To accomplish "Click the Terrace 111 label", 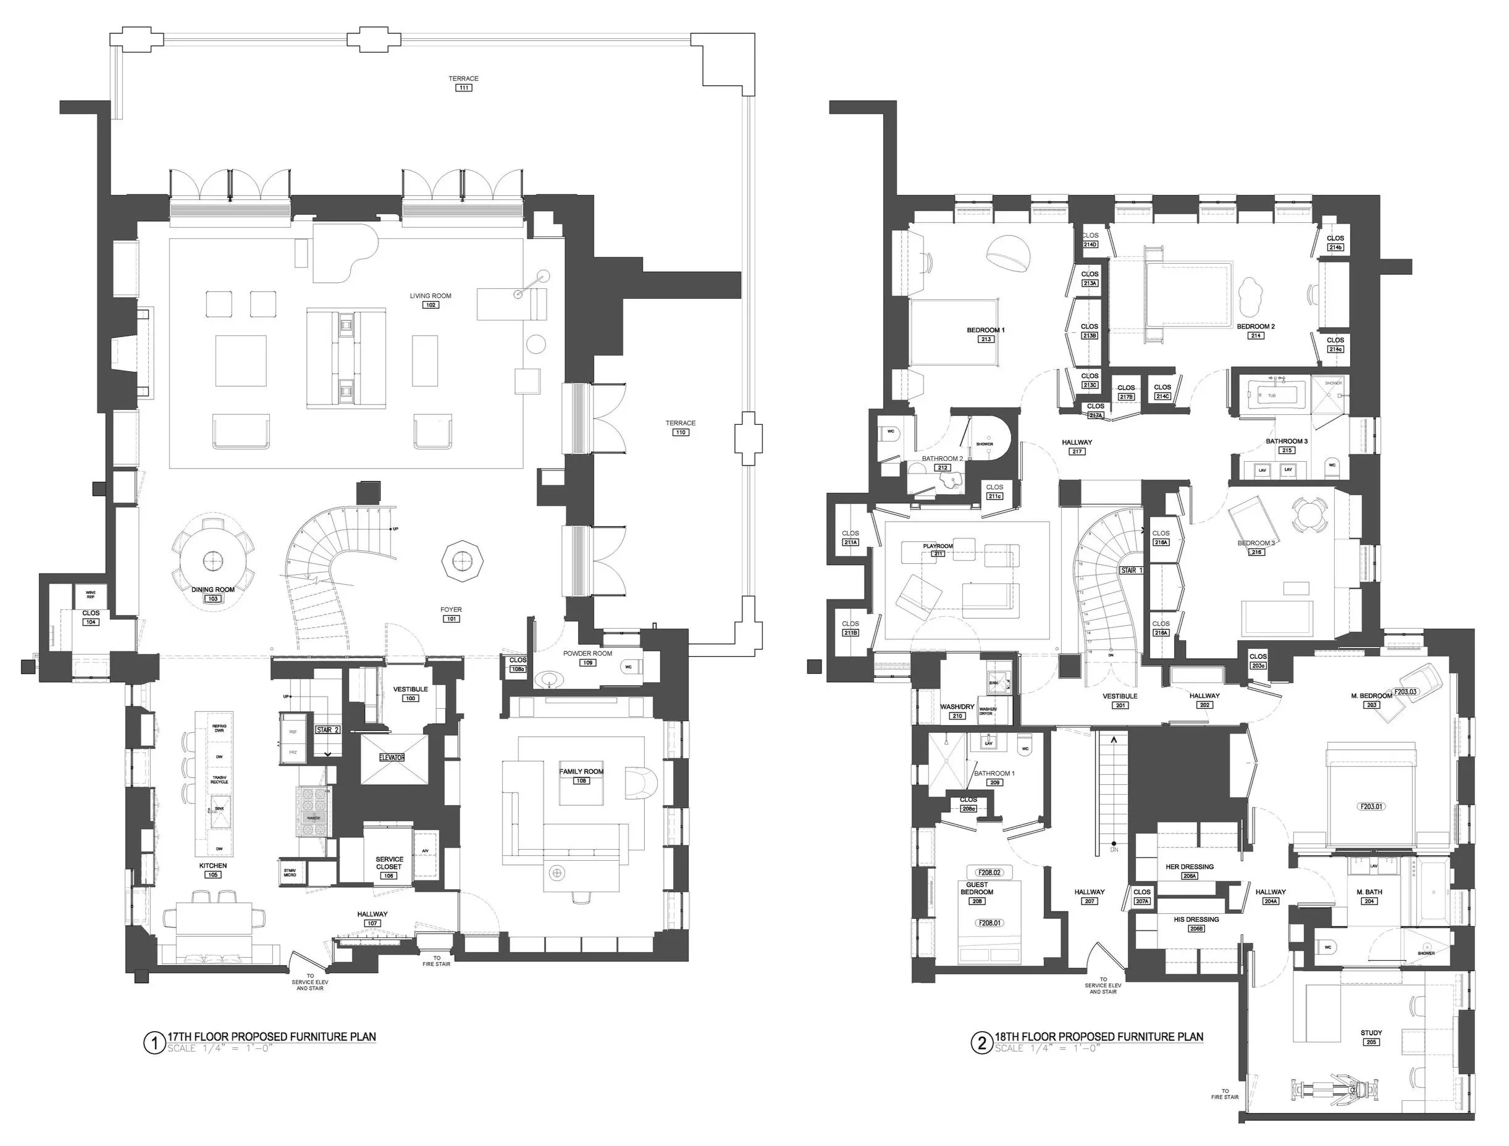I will click(463, 79).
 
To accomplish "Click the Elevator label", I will click(392, 757).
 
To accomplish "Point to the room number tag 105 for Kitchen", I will click(213, 874).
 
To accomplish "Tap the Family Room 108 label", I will click(581, 771).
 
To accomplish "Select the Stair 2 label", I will click(327, 729).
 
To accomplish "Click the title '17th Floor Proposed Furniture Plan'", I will click(272, 1036).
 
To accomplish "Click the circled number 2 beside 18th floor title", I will click(981, 1043).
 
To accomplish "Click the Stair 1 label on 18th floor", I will click(1130, 569).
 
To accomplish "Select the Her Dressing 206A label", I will click(1190, 866).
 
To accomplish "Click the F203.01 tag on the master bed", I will click(1372, 806).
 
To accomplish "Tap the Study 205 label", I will click(1371, 1033).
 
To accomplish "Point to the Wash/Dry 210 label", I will click(957, 707).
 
